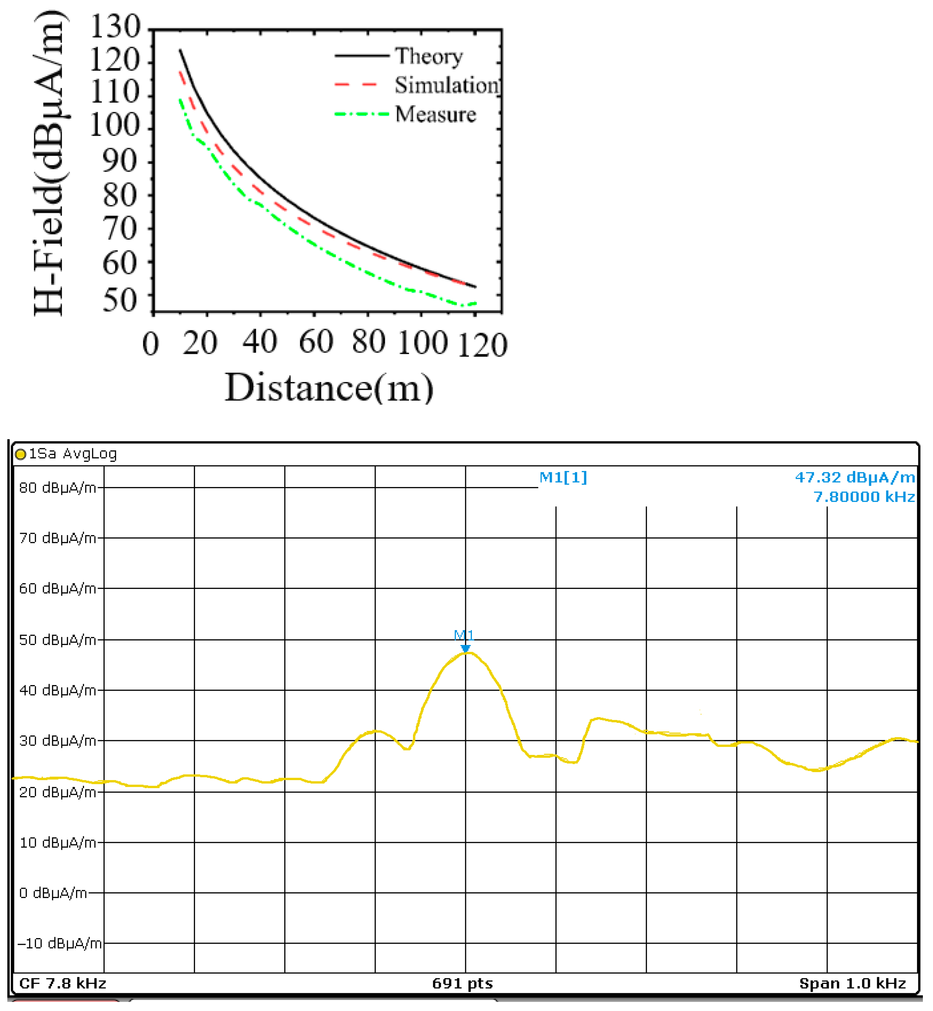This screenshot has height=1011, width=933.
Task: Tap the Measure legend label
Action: [435, 115]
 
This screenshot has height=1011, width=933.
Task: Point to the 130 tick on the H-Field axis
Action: [115, 26]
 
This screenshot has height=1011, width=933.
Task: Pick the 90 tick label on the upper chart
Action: [120, 162]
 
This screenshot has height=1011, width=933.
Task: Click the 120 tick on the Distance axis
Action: [482, 345]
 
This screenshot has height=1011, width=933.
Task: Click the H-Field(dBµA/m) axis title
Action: [50, 163]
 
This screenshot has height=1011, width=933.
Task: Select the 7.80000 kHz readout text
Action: [864, 497]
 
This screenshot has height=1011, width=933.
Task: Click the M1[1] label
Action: [563, 477]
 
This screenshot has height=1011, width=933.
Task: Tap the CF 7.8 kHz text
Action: [62, 983]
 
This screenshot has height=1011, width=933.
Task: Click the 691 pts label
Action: [462, 983]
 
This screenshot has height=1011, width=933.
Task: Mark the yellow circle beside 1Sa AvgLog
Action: [21, 454]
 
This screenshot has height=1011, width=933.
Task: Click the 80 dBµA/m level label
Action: [57, 488]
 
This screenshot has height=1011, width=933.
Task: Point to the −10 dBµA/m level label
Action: [60, 943]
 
